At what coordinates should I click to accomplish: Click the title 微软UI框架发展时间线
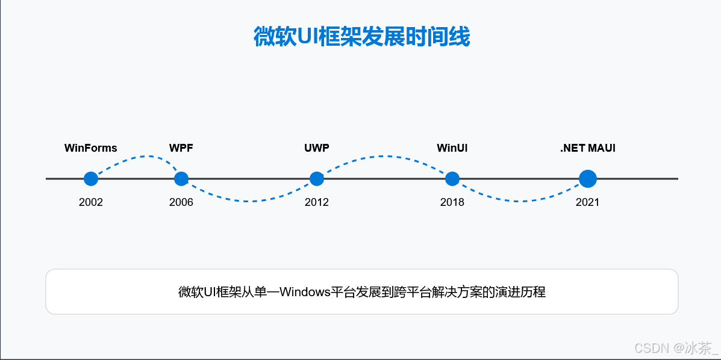[361, 37]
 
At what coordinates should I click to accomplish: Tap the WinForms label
[91, 148]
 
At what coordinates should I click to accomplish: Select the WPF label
[181, 148]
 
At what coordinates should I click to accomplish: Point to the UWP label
[317, 148]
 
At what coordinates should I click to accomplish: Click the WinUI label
[452, 148]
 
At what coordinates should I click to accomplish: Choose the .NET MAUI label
[587, 148]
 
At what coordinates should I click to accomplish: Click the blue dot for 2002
[91, 179]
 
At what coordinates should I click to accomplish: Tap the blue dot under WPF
[181, 179]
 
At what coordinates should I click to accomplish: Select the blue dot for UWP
[317, 179]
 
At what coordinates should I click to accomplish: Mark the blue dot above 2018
[452, 179]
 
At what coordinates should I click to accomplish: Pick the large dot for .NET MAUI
[587, 179]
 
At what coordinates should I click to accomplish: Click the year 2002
[91, 202]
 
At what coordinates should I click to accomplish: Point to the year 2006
[181, 202]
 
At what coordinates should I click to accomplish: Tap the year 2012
[317, 202]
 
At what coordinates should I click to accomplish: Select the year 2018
[452, 202]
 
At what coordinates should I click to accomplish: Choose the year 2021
[587, 202]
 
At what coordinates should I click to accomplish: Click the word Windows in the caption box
[305, 293]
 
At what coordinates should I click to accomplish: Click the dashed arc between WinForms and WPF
[145, 157]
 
